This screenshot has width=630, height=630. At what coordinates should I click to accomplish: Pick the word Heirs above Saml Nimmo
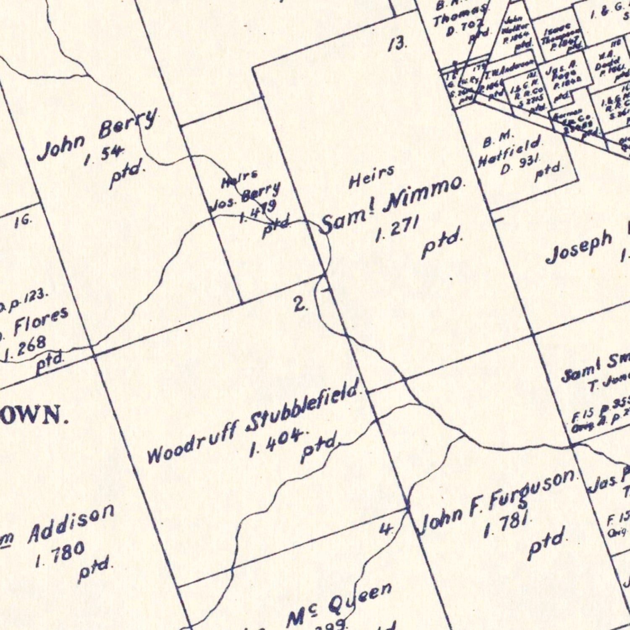pyautogui.click(x=372, y=176)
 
